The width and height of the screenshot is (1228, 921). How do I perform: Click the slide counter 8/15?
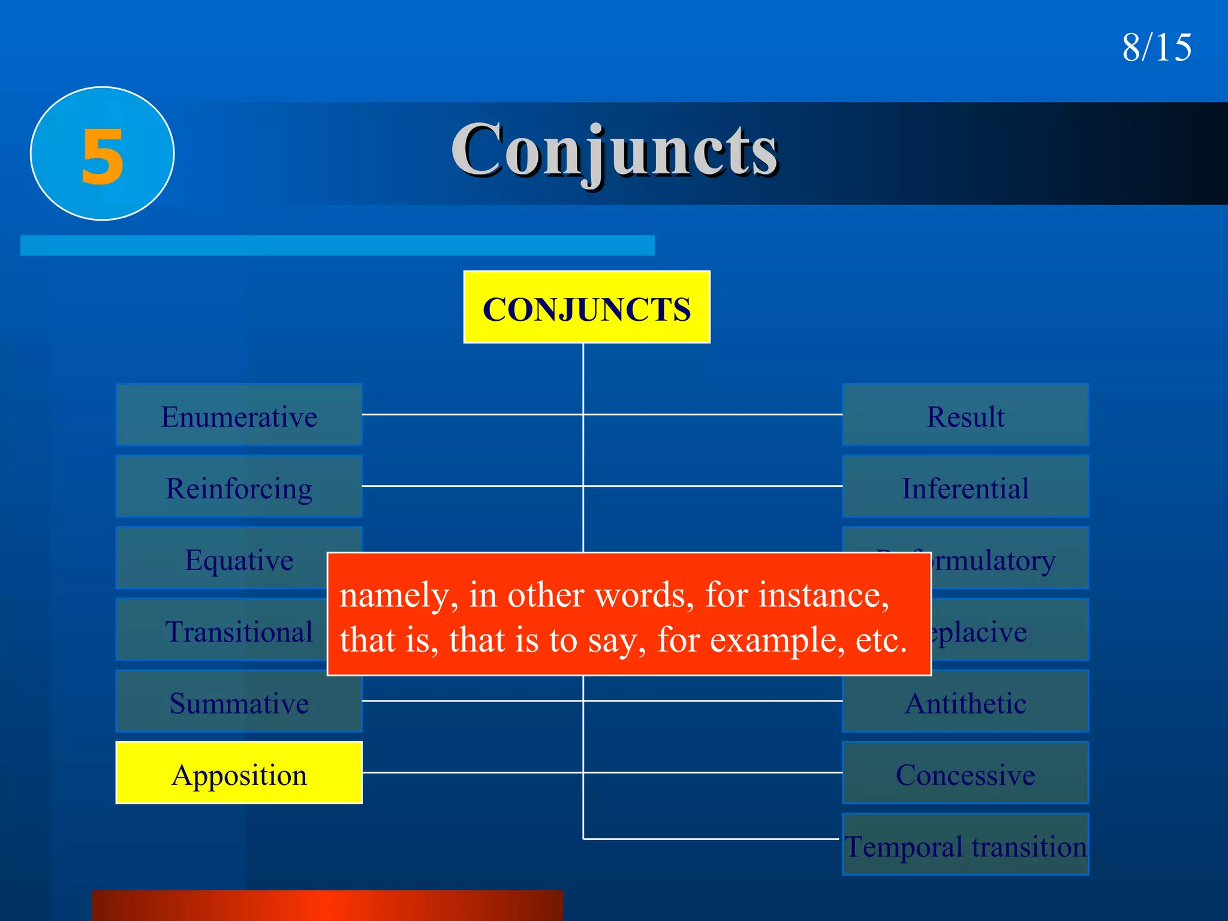[x=1157, y=47]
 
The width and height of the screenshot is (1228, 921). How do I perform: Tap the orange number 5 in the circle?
[x=103, y=156]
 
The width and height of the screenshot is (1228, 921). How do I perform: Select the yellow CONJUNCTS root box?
[x=586, y=307]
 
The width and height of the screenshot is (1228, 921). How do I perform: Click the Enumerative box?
[x=239, y=415]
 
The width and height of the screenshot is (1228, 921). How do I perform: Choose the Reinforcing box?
[x=239, y=486]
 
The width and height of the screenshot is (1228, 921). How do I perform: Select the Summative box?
[x=239, y=702]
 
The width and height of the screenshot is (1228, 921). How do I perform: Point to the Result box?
[x=965, y=415]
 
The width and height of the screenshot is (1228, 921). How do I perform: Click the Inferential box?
[x=965, y=486]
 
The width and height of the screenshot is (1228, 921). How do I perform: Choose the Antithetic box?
[x=965, y=702]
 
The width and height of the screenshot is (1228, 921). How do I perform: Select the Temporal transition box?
[x=965, y=845]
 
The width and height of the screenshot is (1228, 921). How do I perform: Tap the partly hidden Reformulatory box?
[x=1007, y=558]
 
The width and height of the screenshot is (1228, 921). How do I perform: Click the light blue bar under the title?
[x=337, y=245]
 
